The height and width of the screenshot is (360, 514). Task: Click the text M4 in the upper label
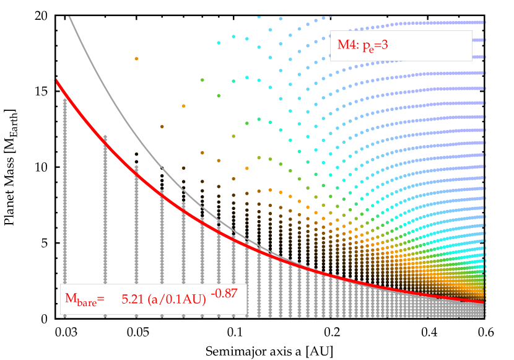pyautogui.click(x=345, y=45)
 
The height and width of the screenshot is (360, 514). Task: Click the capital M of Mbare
pyautogui.click(x=71, y=299)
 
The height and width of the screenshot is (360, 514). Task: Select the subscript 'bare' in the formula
pyautogui.click(x=86, y=302)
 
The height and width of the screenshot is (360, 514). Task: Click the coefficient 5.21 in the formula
pyautogui.click(x=131, y=299)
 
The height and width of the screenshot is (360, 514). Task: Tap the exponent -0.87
pyautogui.click(x=225, y=292)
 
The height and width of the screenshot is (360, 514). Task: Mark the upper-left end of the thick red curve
pyautogui.click(x=57, y=81)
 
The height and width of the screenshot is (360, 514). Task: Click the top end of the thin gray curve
pyautogui.click(x=69, y=17)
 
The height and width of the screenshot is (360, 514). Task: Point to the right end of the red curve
pyautogui.click(x=484, y=302)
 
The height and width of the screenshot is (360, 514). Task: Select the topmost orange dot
pyautogui.click(x=136, y=59)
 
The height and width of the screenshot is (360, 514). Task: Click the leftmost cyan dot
pyautogui.click(x=219, y=43)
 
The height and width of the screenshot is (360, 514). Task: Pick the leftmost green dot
pyautogui.click(x=203, y=80)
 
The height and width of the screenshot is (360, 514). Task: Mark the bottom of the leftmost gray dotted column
pyautogui.click(x=65, y=315)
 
